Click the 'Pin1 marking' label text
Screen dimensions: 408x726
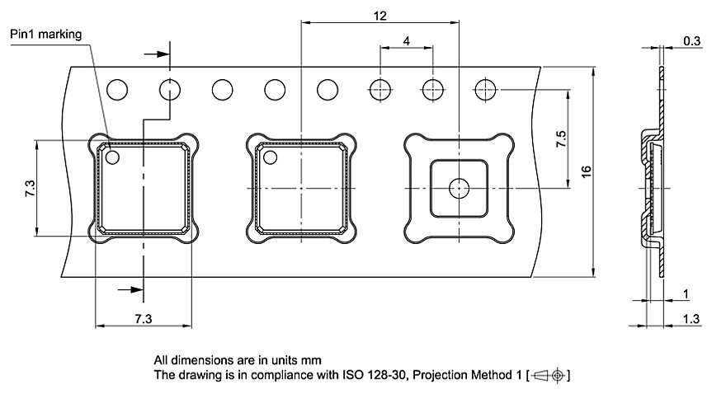[x=47, y=35]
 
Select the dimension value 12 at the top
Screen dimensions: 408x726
[x=379, y=16]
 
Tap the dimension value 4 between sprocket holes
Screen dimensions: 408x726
[x=407, y=40]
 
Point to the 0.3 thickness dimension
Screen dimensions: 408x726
[x=693, y=40]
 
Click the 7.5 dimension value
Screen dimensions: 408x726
[x=561, y=138]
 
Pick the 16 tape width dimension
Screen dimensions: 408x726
[x=586, y=171]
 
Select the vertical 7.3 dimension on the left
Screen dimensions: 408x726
[x=30, y=189]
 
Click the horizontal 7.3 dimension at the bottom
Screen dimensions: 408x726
[x=144, y=317]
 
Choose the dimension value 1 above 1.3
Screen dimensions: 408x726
[x=687, y=294]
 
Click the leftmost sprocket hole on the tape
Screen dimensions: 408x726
[x=117, y=89]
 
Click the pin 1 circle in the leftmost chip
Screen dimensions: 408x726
[x=112, y=157]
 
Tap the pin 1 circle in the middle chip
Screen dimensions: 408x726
[x=271, y=157]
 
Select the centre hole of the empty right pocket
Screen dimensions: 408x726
[x=458, y=189]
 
